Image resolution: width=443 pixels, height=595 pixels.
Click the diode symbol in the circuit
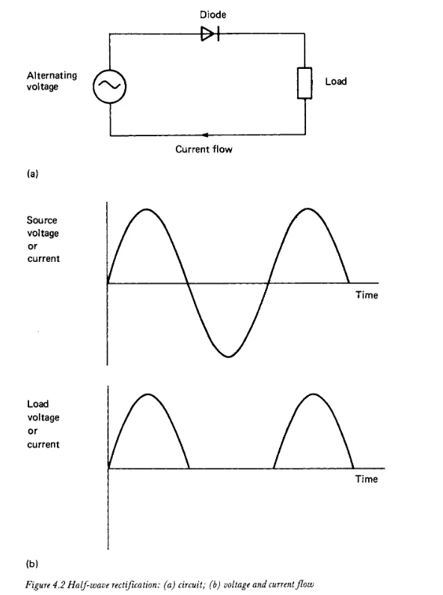(x=210, y=34)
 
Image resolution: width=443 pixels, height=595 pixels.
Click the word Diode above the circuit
(x=213, y=15)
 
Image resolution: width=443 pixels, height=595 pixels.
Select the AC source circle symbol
(x=109, y=87)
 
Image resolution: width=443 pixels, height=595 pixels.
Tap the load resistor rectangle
(x=305, y=83)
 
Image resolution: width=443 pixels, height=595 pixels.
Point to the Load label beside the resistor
(x=336, y=82)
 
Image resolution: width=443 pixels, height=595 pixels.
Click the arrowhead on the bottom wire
(x=205, y=135)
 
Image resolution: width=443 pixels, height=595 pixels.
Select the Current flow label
(x=204, y=149)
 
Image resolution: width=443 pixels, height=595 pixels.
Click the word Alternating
(x=52, y=76)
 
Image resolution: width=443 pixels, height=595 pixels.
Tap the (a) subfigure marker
(x=33, y=174)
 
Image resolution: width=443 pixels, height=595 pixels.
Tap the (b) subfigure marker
(x=32, y=564)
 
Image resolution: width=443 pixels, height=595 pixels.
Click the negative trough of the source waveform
(x=228, y=356)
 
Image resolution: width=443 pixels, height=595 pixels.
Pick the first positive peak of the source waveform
(x=147, y=209)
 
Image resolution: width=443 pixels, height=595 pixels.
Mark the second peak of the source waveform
(x=308, y=209)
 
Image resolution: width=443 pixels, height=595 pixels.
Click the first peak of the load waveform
(x=148, y=394)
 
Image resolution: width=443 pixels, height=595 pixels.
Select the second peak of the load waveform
(x=314, y=394)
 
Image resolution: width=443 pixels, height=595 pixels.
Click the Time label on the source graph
(x=367, y=295)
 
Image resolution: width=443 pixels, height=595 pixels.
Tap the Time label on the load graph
(x=367, y=479)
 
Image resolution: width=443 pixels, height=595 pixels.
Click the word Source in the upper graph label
(x=42, y=220)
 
